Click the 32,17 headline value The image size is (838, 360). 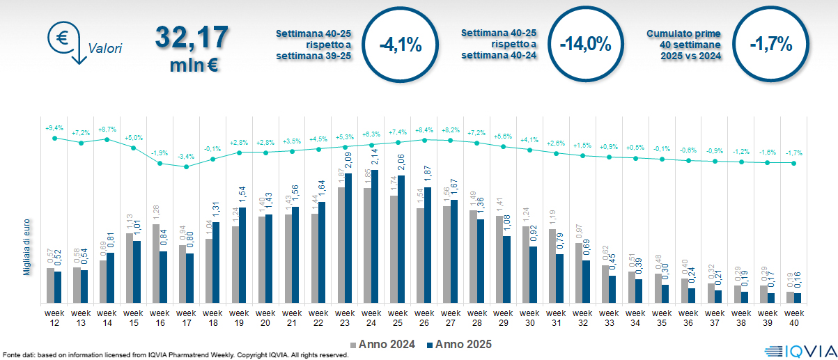pos(192,36)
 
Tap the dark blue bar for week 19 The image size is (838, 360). pos(242,256)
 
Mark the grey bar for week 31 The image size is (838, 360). pos(552,267)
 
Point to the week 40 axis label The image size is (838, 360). pos(793,318)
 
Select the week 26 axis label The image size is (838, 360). pos(424,318)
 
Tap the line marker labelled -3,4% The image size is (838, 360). pos(187,166)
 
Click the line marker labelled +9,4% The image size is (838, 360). pos(55,138)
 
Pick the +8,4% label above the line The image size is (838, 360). pos(424,130)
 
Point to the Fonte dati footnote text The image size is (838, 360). pos(174,355)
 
